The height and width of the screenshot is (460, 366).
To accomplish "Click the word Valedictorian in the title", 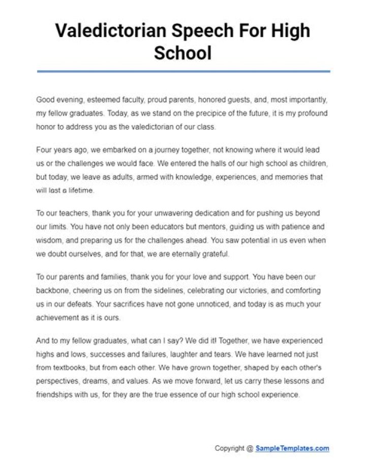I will click(x=110, y=31).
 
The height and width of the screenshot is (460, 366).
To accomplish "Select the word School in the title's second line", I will click(x=182, y=53).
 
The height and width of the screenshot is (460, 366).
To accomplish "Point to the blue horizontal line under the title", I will click(x=183, y=71).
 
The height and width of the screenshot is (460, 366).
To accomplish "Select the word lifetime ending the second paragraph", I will click(x=80, y=191).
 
